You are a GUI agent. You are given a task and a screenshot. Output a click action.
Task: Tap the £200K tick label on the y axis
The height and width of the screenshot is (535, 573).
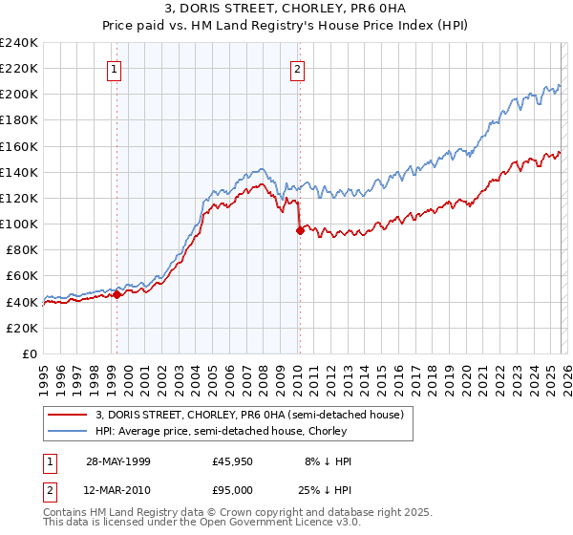click(x=19, y=95)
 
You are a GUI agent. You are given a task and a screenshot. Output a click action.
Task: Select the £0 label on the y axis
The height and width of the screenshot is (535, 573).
click(x=31, y=353)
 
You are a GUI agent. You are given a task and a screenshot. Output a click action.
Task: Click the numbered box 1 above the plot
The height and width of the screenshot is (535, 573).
click(x=115, y=69)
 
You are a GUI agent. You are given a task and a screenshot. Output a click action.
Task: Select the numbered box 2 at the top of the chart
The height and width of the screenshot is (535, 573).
click(x=298, y=69)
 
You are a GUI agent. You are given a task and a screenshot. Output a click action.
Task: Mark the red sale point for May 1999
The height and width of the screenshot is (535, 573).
click(x=117, y=295)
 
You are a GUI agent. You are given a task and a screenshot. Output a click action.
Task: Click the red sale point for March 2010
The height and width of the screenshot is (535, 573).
click(x=300, y=229)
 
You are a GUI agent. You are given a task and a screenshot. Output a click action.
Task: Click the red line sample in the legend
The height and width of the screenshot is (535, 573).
click(x=68, y=415)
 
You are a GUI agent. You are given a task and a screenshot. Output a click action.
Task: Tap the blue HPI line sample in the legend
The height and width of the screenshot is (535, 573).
click(x=68, y=431)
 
